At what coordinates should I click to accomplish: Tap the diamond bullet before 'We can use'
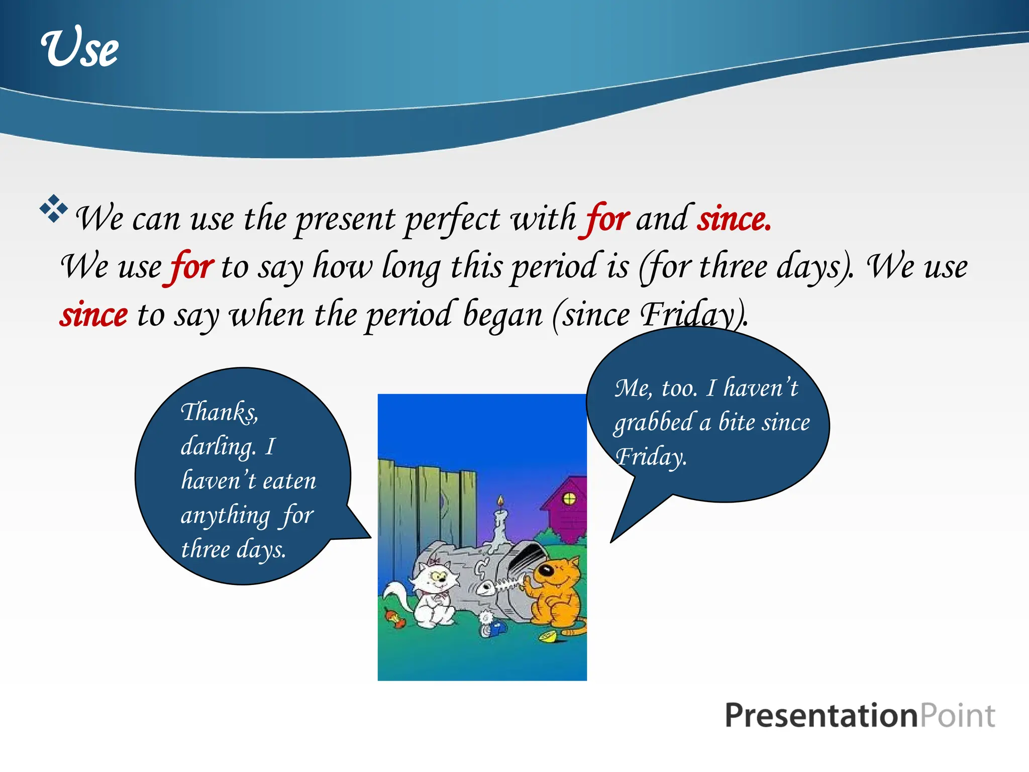[53, 208]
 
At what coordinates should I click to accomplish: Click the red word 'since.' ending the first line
[734, 219]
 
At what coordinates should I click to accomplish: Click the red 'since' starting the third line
[93, 315]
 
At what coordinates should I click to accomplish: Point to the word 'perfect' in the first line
[452, 220]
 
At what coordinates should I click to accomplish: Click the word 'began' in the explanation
[502, 315]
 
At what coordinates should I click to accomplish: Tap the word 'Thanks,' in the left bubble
[219, 412]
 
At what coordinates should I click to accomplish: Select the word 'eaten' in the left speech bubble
[289, 481]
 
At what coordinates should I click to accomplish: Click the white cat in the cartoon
[433, 593]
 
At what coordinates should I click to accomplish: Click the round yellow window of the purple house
[569, 499]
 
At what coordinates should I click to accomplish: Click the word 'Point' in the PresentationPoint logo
[957, 715]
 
